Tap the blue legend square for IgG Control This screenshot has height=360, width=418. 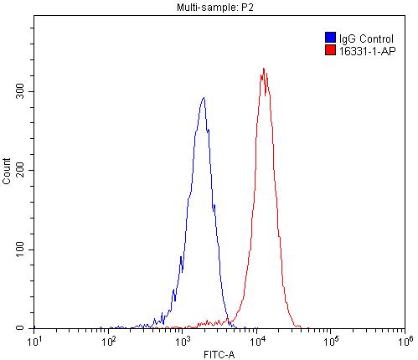(x=329, y=38)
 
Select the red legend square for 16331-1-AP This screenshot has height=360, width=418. (x=329, y=50)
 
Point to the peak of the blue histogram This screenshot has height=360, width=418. (x=203, y=98)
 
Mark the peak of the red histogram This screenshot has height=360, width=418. (x=264, y=69)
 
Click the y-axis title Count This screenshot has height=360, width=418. (x=8, y=174)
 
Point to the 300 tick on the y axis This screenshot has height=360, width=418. (x=21, y=91)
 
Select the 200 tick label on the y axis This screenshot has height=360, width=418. (x=21, y=170)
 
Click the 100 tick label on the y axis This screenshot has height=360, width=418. (x=21, y=249)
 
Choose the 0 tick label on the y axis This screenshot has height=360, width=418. (x=26, y=328)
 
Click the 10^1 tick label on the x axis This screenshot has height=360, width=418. (x=35, y=341)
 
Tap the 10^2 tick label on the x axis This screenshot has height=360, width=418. (x=109, y=341)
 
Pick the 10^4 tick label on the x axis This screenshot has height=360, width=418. (x=257, y=341)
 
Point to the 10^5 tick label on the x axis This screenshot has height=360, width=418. (x=331, y=341)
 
